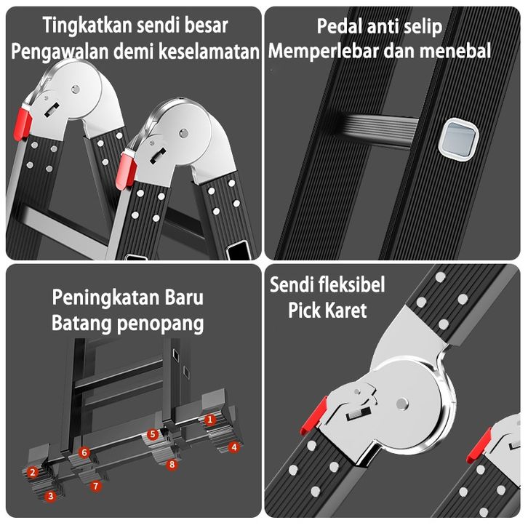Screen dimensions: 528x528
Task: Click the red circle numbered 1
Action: click(x=209, y=419)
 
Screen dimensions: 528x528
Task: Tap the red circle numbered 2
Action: click(x=32, y=472)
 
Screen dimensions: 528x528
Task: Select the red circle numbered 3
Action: click(x=50, y=496)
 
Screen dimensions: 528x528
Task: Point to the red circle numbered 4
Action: click(x=233, y=447)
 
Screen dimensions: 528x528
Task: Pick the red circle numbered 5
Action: click(x=153, y=434)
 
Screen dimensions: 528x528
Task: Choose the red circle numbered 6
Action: click(x=84, y=452)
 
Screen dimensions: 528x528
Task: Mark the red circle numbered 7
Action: click(x=95, y=485)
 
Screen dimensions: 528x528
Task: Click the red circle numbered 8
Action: click(x=172, y=463)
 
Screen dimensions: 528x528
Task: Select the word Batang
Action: click(x=79, y=323)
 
